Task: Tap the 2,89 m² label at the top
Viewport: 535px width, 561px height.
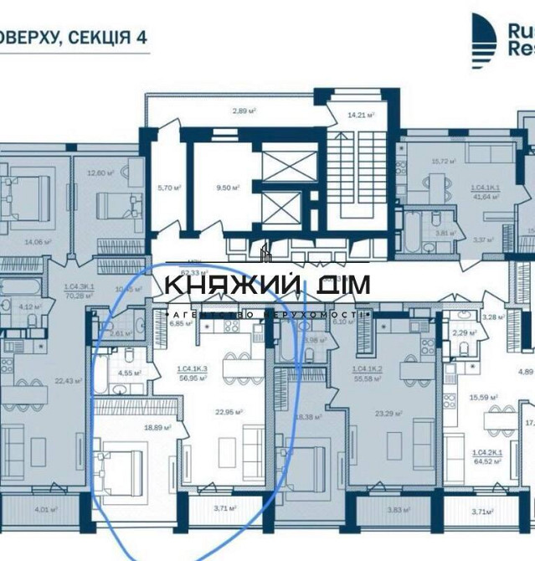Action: tap(244, 111)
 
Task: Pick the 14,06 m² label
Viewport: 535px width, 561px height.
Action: tap(34, 243)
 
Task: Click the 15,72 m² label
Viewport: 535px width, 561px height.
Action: tap(443, 162)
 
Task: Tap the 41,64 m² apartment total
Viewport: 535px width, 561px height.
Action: tap(486, 197)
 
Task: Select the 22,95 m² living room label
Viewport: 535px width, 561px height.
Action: tap(229, 411)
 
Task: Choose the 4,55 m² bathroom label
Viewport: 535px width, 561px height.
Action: tap(128, 373)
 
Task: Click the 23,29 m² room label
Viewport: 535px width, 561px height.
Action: tap(389, 412)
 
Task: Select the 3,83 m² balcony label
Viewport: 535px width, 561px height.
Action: tap(394, 509)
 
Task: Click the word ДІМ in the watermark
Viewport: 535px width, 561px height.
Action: tap(339, 284)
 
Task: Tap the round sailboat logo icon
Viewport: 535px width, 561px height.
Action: tap(483, 40)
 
